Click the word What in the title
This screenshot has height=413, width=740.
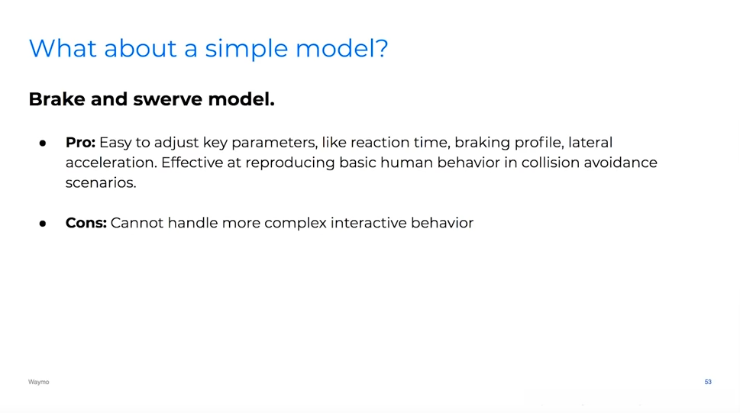click(63, 48)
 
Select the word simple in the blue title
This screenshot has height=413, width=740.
click(247, 49)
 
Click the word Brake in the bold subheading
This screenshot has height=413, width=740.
click(57, 99)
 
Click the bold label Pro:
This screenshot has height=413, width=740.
click(80, 142)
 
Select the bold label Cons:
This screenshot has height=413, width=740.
click(86, 223)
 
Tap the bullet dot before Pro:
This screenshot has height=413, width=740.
click(43, 143)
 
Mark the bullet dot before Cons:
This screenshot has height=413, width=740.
click(43, 223)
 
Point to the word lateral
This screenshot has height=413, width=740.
click(590, 142)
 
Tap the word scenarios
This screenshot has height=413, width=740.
click(101, 182)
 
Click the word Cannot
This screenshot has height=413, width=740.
click(137, 223)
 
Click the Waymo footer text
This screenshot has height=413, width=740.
click(39, 382)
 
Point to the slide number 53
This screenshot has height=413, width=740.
click(708, 382)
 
